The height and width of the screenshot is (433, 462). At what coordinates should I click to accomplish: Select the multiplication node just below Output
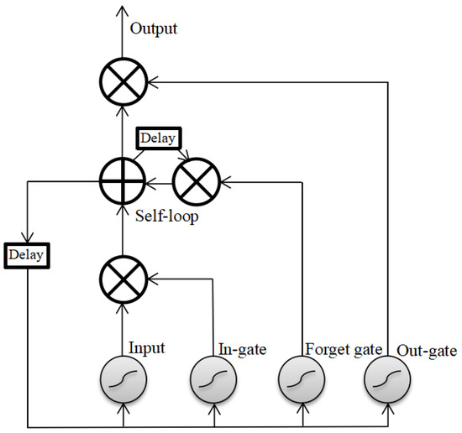click(123, 82)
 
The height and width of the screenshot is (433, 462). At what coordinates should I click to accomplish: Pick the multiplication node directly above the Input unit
click(123, 274)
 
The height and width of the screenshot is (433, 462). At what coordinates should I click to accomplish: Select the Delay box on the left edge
click(27, 252)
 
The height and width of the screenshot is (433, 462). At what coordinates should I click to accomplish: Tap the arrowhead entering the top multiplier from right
click(152, 82)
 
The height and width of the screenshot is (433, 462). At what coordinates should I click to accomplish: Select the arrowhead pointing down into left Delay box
click(27, 237)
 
